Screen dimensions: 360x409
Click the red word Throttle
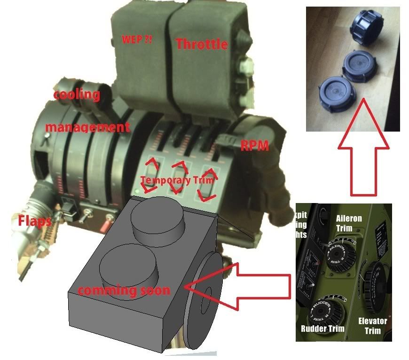(x=202, y=45)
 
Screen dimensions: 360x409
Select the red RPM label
(x=254, y=146)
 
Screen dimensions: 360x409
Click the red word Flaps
(x=35, y=221)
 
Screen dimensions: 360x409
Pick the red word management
(x=87, y=127)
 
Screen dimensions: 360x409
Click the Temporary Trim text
(x=177, y=180)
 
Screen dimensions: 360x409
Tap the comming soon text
(x=124, y=290)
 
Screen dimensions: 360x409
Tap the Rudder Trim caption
(x=322, y=329)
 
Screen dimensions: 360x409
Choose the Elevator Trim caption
(x=373, y=326)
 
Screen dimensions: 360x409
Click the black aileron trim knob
(x=341, y=254)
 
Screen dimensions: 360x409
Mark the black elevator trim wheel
(x=374, y=284)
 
